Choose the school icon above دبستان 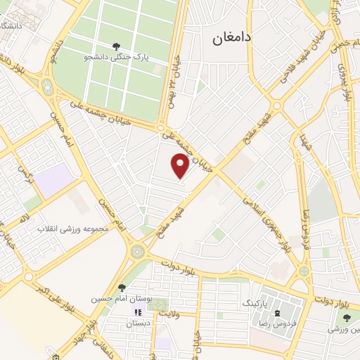138,311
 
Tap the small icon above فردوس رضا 278,312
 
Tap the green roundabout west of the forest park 47,86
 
